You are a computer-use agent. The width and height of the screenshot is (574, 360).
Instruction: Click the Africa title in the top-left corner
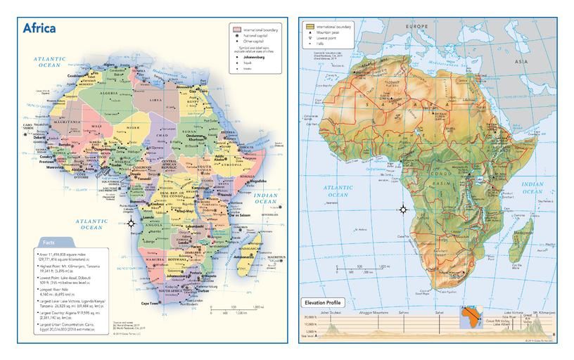pos(39,28)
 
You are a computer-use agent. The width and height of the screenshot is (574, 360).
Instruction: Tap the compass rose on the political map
pos(132,223)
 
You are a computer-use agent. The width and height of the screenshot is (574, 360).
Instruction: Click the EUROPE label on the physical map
pos(416,27)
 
